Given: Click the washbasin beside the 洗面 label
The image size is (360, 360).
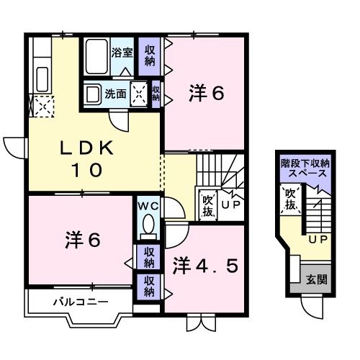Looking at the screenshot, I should [92, 93].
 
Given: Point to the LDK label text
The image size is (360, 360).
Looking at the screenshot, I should [86, 149].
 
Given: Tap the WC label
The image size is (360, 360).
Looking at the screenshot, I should [149, 207].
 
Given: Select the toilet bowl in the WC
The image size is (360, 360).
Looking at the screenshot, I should [149, 227].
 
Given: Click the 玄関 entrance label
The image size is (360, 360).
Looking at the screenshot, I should [315, 279].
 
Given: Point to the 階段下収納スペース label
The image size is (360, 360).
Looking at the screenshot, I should [305, 168].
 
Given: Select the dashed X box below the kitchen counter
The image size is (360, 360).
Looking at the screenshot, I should [41, 108].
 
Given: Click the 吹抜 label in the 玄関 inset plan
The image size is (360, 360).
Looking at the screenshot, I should [290, 199].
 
